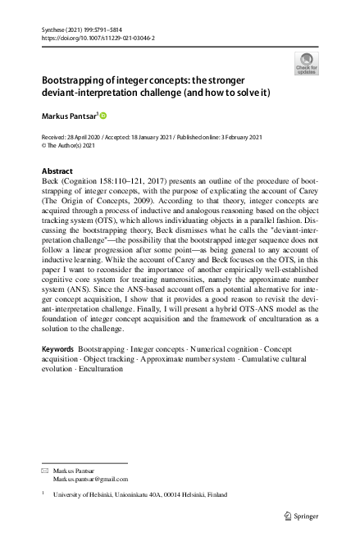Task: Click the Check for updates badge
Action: pos(306,63)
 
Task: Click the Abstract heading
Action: pos(57,171)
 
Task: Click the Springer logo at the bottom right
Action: pos(301,516)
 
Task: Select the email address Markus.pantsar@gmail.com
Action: pos(90,479)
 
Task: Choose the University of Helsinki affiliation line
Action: pos(140,495)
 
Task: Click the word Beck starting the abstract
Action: pos(50,182)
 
